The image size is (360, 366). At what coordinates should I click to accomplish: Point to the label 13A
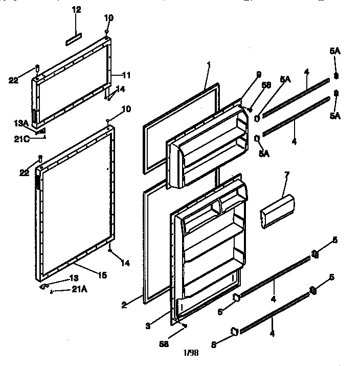[x=21, y=123]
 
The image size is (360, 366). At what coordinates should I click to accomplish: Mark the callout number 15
[x=102, y=275]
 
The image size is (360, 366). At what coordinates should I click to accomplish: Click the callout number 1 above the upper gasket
[x=209, y=63]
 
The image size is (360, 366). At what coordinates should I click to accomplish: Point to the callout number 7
[x=287, y=175]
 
